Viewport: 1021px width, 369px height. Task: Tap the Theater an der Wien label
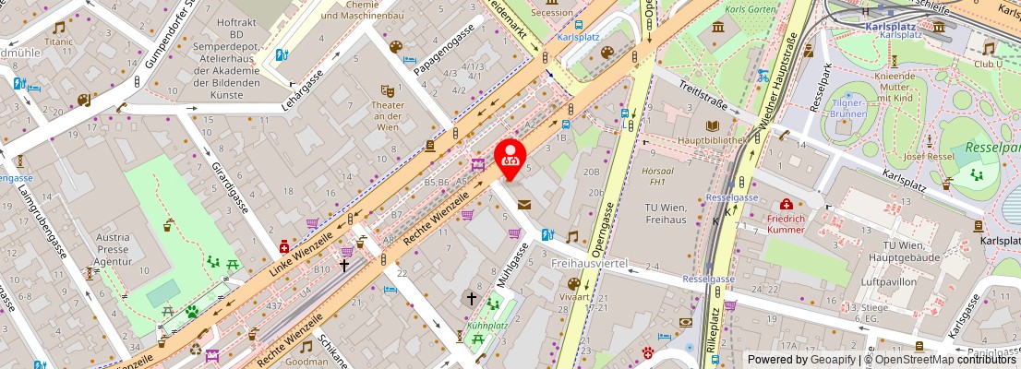coord(387,116)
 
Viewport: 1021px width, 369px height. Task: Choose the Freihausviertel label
coord(589,264)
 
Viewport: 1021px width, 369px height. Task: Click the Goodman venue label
coord(306,362)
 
